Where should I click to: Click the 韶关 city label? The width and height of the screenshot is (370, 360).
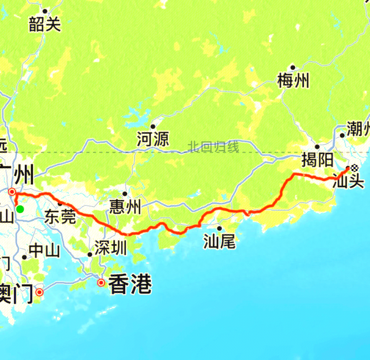tap(45, 24)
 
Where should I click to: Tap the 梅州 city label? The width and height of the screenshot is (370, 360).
tap(293, 81)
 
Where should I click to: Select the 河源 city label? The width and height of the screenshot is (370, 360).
tap(153, 139)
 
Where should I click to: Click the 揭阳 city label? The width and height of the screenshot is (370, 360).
tap(317, 160)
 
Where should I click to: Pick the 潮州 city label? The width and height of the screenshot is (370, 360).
tap(357, 128)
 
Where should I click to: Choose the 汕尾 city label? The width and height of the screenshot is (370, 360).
tap(220, 241)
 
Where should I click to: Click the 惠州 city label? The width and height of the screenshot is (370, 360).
tap(125, 207)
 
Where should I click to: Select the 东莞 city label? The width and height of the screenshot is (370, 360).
tap(60, 217)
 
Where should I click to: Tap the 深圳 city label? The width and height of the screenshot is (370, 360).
tap(109, 248)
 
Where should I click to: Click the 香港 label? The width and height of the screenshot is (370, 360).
tap(130, 284)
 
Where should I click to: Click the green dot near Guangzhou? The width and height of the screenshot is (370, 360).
tap(20, 209)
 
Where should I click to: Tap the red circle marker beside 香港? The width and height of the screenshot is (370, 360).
tap(101, 283)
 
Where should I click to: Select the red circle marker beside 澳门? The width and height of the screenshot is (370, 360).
tap(39, 292)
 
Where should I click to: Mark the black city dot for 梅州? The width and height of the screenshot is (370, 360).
tap(293, 68)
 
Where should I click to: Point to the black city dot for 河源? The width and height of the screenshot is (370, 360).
tap(153, 126)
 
